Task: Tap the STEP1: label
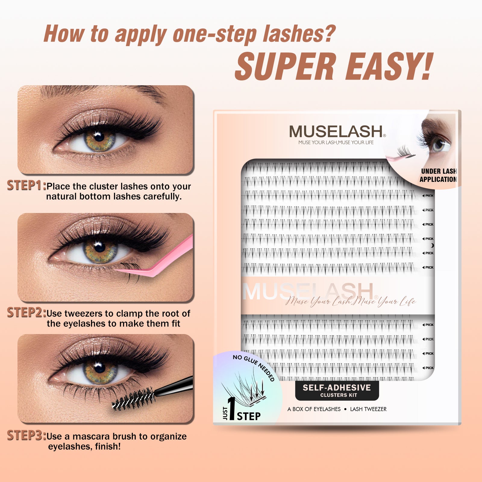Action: [27, 186]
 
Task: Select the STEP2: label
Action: [27, 313]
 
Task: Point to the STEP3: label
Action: [27, 436]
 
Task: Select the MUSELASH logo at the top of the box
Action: [336, 132]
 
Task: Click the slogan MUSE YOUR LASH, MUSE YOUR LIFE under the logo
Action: [336, 142]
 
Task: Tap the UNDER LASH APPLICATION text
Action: [438, 175]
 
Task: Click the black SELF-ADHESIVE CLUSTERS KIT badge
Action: [337, 391]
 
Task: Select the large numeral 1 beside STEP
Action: [231, 409]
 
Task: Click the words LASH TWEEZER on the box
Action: [368, 409]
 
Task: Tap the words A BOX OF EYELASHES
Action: [314, 409]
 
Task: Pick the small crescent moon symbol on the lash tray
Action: [432, 246]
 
